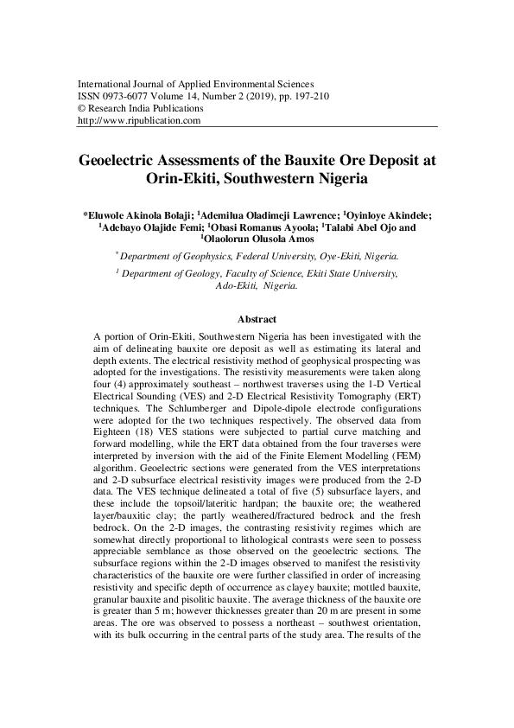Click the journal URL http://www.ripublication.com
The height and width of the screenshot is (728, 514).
coord(139,121)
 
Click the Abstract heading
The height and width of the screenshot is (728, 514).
coord(257,319)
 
